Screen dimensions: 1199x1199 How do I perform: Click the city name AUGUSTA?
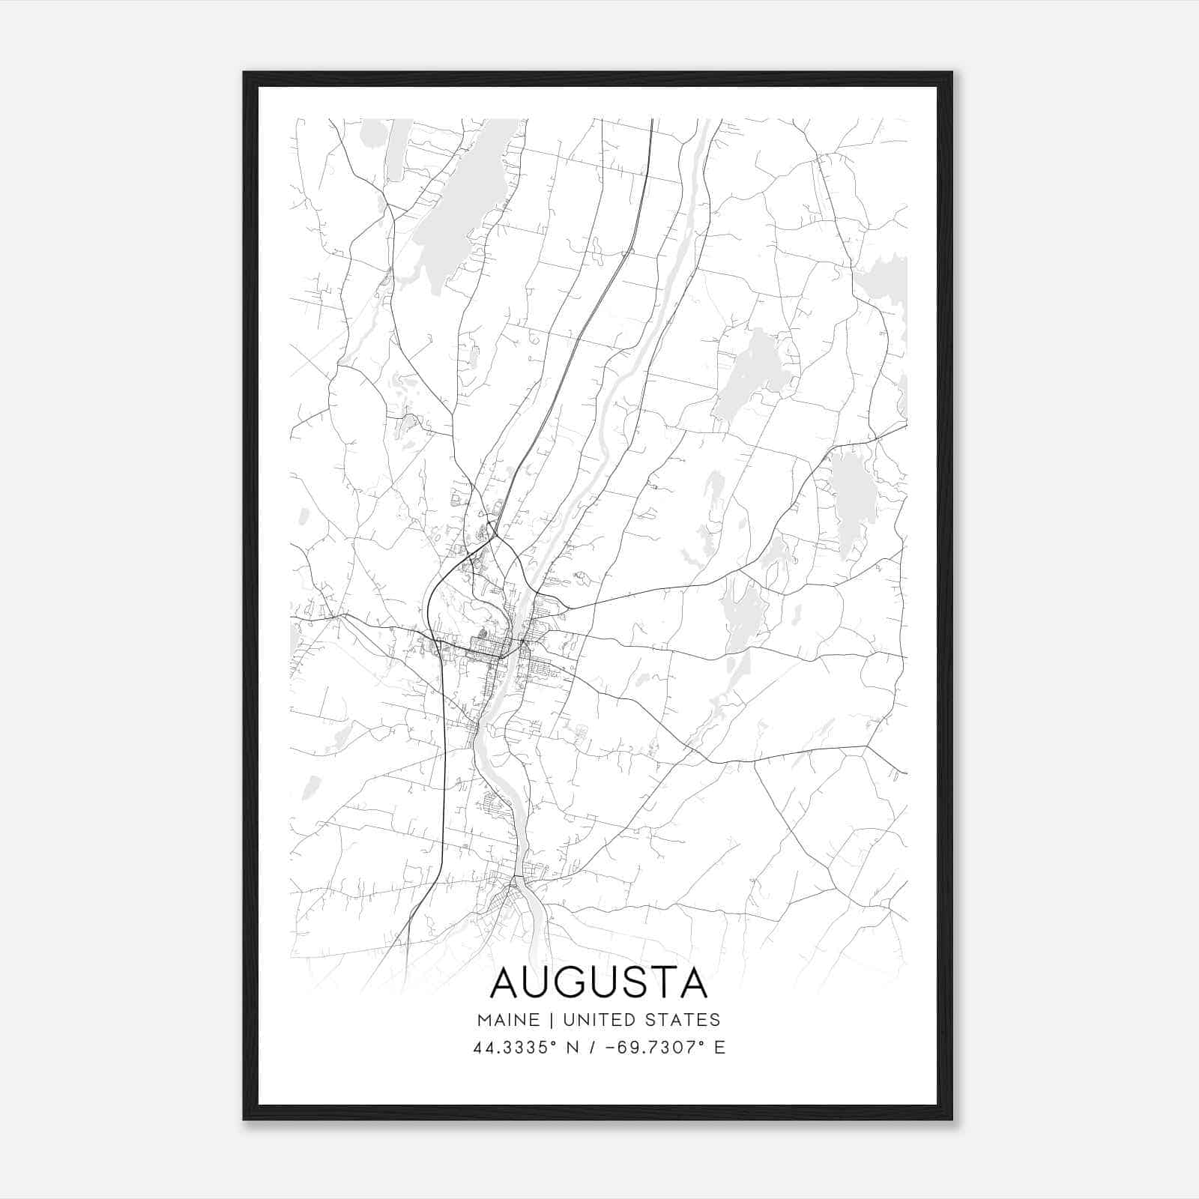[x=599, y=983]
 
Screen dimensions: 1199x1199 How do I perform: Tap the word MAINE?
[x=507, y=1020]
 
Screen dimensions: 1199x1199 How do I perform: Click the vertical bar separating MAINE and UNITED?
[x=551, y=1020]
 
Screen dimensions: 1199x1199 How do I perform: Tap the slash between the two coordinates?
[x=596, y=1048]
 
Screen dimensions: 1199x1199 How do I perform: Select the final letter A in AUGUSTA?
[x=692, y=983]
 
